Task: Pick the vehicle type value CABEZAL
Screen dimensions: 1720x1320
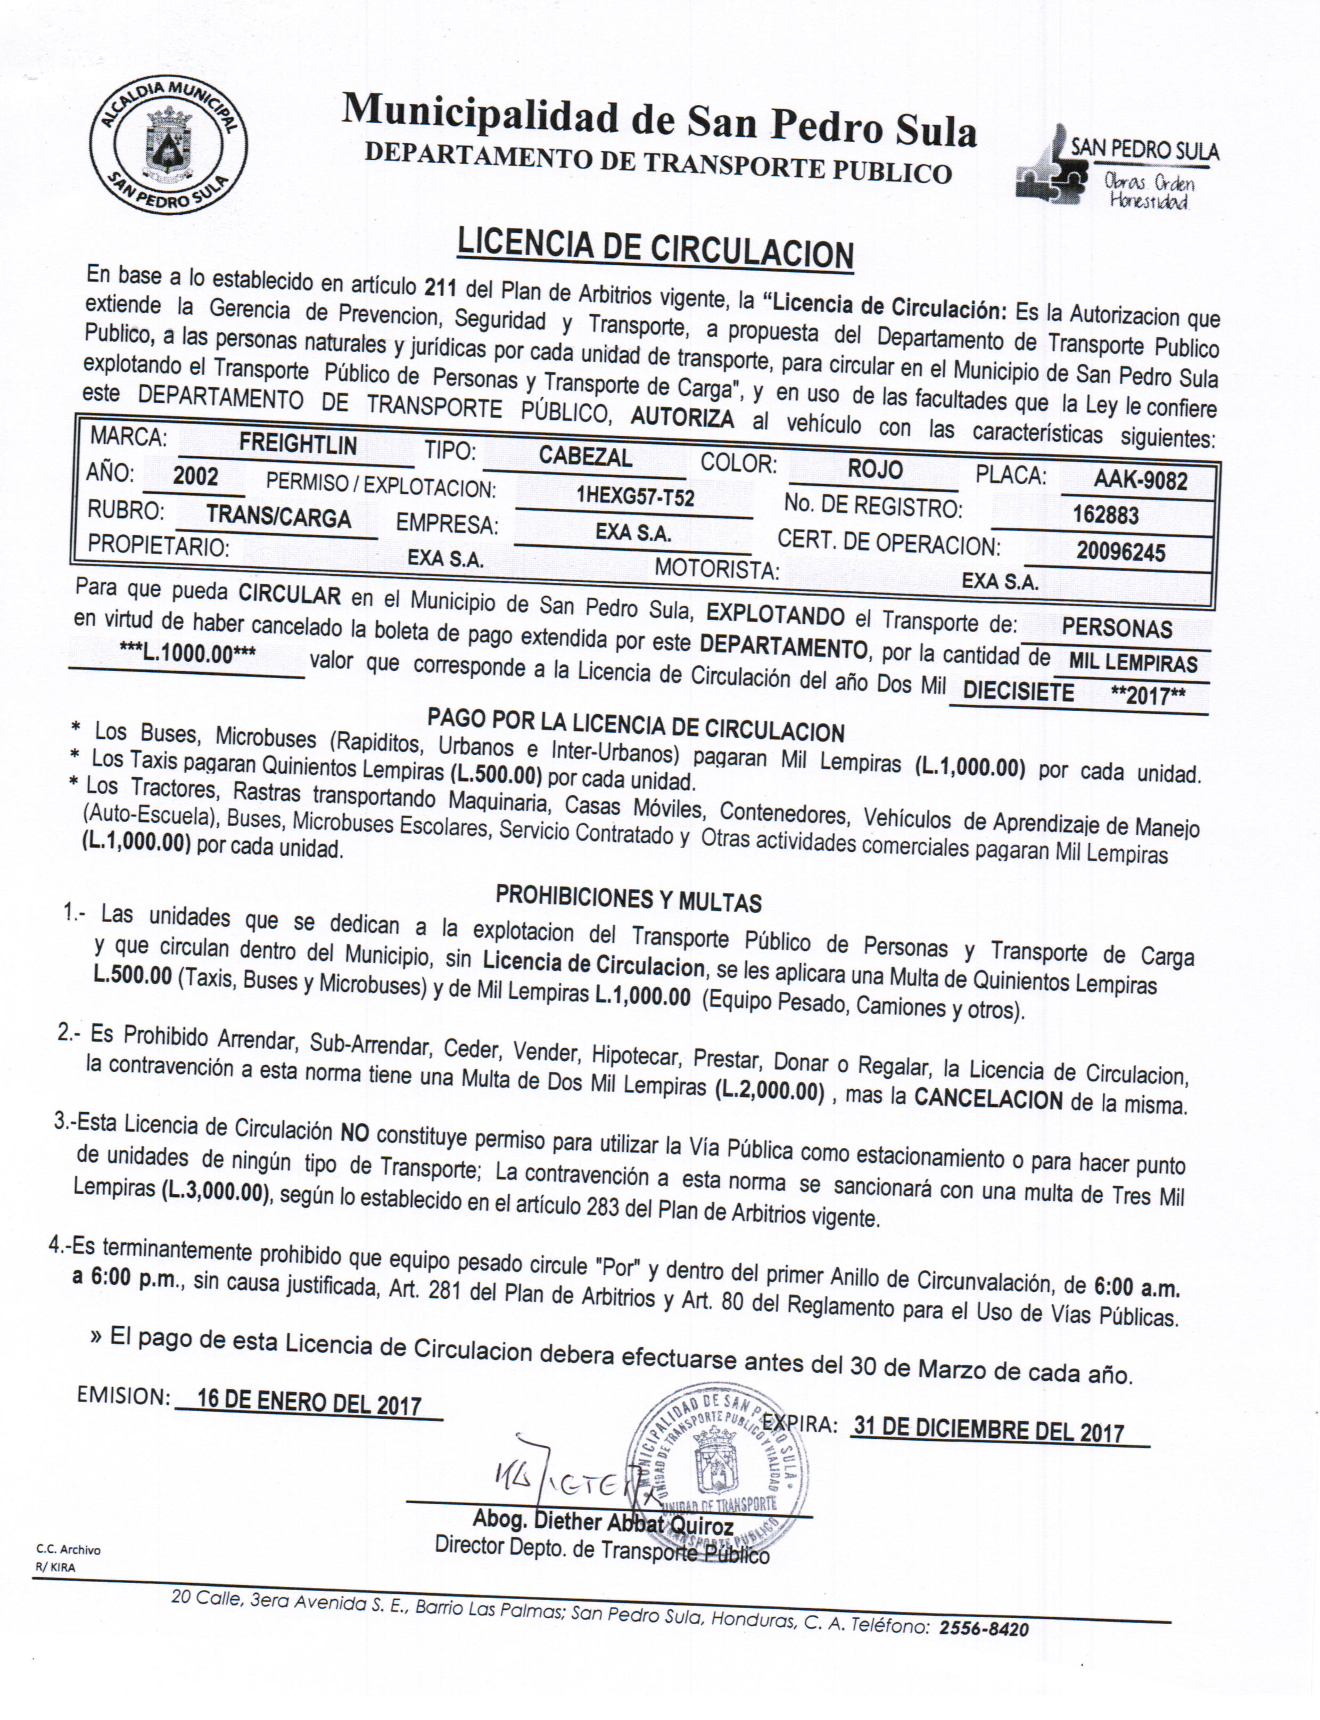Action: pos(585,457)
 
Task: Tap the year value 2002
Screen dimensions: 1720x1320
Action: pos(196,476)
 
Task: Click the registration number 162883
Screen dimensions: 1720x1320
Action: pos(1105,515)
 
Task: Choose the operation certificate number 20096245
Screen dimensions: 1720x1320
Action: pos(1120,551)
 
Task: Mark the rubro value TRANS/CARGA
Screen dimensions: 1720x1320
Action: pos(278,517)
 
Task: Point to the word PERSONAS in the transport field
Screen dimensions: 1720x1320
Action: pos(1117,628)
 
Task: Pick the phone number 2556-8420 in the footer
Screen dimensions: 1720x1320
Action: pos(984,1629)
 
